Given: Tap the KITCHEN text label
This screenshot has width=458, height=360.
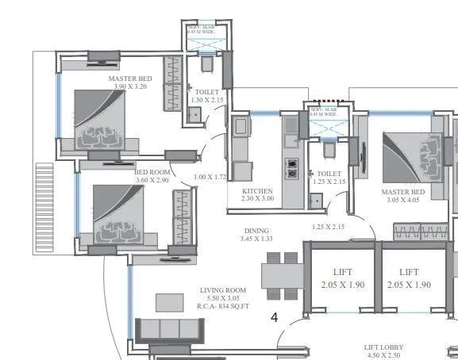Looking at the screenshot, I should pos(257,191).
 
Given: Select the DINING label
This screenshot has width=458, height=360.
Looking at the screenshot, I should pos(256,230).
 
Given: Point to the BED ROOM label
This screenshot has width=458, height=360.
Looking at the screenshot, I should pos(153,172).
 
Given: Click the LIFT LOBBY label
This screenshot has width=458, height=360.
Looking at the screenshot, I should pos(384,347).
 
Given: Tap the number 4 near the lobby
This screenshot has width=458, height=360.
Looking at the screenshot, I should pos(275,318).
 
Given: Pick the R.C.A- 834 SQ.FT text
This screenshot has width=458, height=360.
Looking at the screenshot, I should pos(224,306).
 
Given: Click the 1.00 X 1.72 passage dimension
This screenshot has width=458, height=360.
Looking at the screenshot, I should pos(210,177).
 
